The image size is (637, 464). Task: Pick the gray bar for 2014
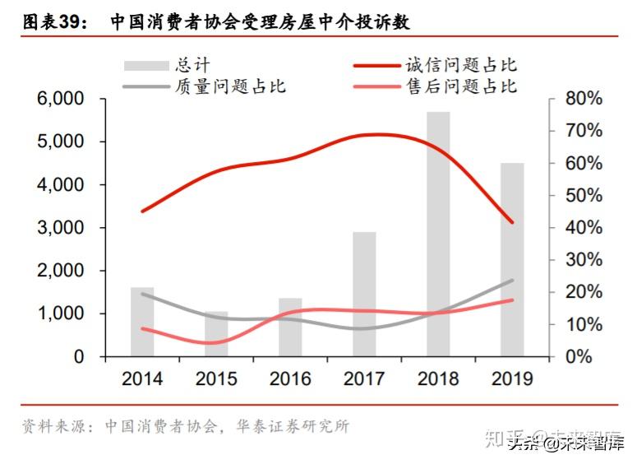click(142, 322)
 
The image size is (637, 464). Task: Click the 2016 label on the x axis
click(290, 378)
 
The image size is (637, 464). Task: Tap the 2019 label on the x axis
click(512, 378)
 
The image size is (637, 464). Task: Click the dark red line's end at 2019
click(512, 222)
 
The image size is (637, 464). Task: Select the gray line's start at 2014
click(142, 293)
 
